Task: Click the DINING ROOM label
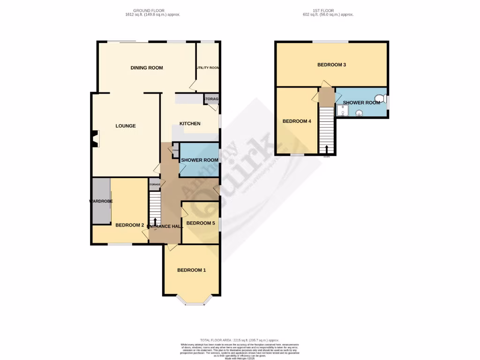(x=147, y=68)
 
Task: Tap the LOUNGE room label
(x=126, y=126)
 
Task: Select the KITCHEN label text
(x=190, y=124)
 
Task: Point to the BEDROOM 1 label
(x=191, y=270)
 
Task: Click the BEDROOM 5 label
(x=201, y=223)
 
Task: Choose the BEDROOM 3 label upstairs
(x=331, y=65)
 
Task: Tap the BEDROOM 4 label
(x=296, y=121)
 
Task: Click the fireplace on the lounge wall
(x=96, y=139)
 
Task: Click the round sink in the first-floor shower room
(x=360, y=112)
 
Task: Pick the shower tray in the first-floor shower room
(x=343, y=110)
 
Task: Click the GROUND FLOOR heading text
(x=150, y=10)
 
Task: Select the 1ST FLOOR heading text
(x=328, y=10)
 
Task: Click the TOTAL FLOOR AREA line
(x=240, y=340)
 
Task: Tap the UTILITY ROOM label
(x=208, y=68)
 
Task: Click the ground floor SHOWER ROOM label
(x=200, y=160)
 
